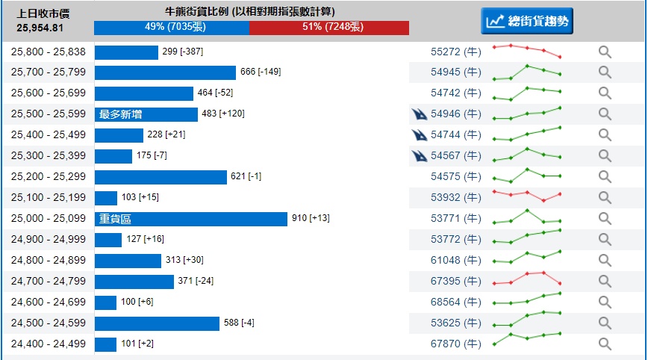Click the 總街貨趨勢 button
click(527, 21)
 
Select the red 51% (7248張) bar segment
click(329, 28)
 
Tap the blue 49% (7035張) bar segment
click(172, 28)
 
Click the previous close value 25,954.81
click(40, 28)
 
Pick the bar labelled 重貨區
click(191, 219)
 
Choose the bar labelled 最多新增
click(146, 114)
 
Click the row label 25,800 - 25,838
click(49, 52)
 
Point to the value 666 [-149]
click(261, 72)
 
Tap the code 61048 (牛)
click(456, 261)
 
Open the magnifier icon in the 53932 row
click(605, 198)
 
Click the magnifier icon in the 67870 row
click(605, 344)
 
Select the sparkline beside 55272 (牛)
click(527, 51)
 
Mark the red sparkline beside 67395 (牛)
click(527, 279)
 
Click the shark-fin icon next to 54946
click(420, 114)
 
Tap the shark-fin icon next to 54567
click(420, 156)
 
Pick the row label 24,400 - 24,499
click(49, 344)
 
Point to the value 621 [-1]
click(246, 176)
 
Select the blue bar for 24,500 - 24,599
click(157, 323)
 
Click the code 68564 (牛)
click(456, 302)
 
